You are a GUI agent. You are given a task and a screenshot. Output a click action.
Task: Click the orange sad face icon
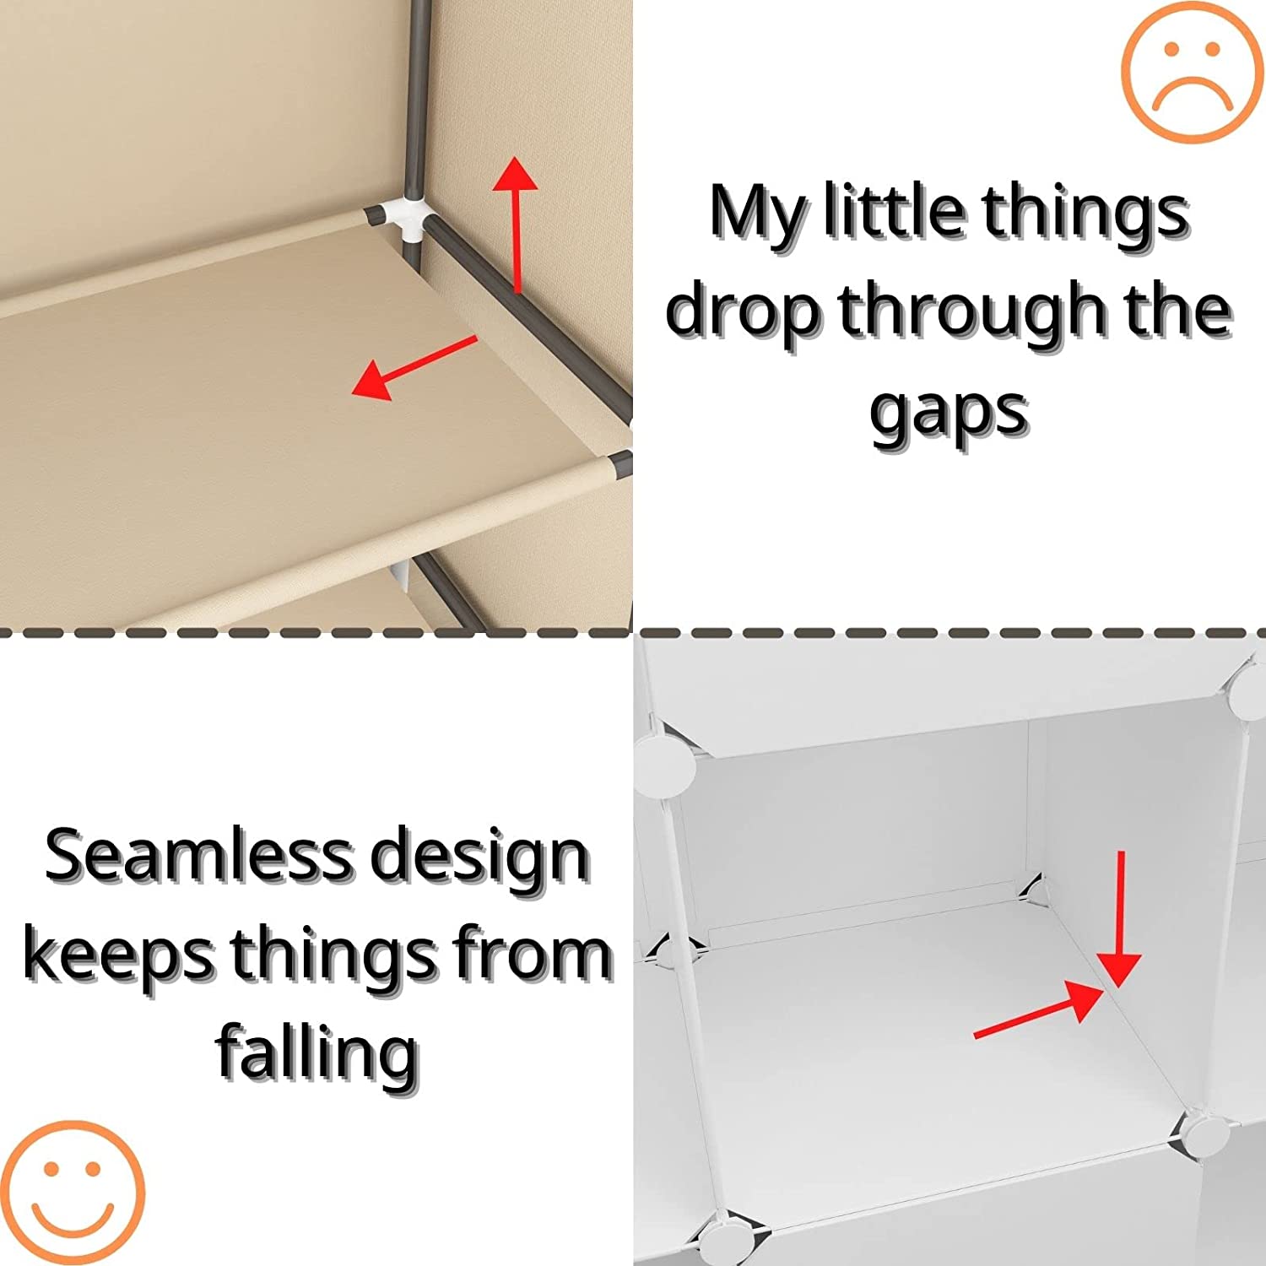1191,71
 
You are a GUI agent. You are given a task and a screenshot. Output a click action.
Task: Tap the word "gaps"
949,413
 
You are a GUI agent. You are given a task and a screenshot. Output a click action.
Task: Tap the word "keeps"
119,955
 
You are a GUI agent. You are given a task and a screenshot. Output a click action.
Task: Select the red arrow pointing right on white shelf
1039,1009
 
